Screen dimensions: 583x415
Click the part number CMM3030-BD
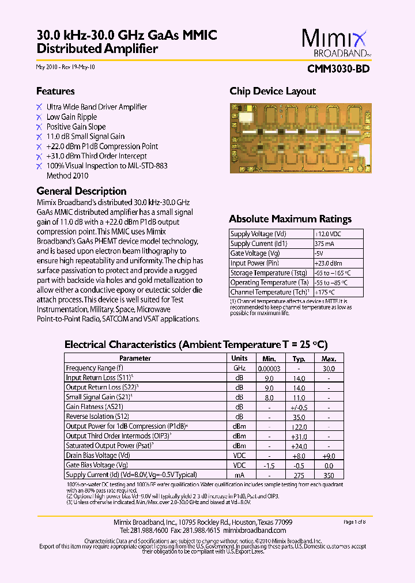[x=339, y=69]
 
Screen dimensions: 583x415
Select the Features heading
[x=55, y=91]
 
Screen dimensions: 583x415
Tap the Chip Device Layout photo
[x=300, y=138]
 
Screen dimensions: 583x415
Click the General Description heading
[x=81, y=191]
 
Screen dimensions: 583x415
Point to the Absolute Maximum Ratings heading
[x=290, y=219]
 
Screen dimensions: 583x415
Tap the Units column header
[x=239, y=358]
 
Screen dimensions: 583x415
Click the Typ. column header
[x=299, y=358]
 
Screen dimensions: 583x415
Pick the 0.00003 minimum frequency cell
[x=269, y=368]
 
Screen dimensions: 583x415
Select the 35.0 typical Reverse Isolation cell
[x=299, y=416]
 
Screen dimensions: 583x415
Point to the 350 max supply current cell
[x=329, y=475]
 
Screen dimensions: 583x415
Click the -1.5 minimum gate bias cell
[x=269, y=465]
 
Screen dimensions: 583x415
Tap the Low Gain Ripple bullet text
[x=71, y=117]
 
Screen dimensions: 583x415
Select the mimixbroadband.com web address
[x=254, y=530]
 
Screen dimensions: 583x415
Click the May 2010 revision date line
[x=66, y=67]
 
